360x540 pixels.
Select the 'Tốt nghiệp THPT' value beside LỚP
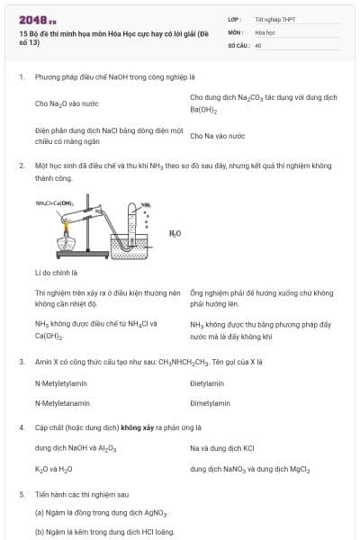click(274, 18)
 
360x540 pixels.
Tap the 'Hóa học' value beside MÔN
click(265, 31)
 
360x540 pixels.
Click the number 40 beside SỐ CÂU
click(258, 44)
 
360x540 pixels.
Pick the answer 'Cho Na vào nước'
click(218, 136)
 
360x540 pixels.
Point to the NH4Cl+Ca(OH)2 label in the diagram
click(54, 203)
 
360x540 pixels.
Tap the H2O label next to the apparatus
click(175, 233)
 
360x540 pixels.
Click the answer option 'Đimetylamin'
click(211, 404)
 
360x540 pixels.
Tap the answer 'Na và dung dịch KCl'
click(222, 447)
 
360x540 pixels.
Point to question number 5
click(21, 494)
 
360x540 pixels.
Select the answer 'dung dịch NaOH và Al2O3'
click(76, 447)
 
